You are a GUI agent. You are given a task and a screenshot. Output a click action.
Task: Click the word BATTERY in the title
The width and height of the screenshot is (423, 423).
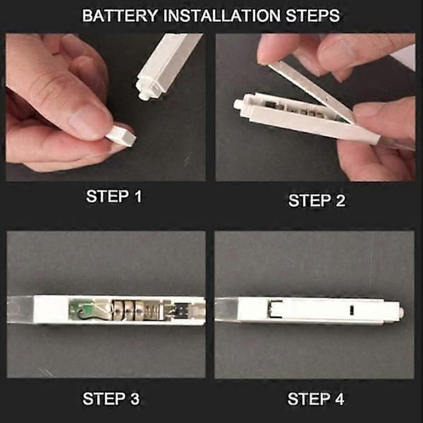pyautogui.click(x=120, y=16)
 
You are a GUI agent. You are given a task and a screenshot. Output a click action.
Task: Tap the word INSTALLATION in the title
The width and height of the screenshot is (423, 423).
pyautogui.click(x=222, y=16)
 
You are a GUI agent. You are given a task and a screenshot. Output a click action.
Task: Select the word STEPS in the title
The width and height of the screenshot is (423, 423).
pyautogui.click(x=312, y=16)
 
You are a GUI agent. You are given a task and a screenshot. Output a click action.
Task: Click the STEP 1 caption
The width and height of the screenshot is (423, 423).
pyautogui.click(x=114, y=196)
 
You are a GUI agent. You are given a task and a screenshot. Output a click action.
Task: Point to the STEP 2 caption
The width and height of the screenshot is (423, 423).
pyautogui.click(x=317, y=201)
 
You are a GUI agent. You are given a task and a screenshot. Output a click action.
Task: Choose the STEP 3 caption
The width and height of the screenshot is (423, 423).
pyautogui.click(x=111, y=399)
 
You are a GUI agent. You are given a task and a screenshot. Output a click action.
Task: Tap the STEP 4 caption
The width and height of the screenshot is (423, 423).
pyautogui.click(x=316, y=399)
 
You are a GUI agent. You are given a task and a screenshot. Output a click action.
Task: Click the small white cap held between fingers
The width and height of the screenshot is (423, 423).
pyautogui.click(x=121, y=135)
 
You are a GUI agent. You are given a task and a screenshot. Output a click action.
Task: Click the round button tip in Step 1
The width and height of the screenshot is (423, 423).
pyautogui.click(x=142, y=95)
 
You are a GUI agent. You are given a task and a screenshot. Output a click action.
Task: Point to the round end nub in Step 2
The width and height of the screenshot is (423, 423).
pyautogui.click(x=238, y=104)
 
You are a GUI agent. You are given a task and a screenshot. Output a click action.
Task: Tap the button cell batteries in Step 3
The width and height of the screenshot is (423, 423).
pyautogui.click(x=129, y=310)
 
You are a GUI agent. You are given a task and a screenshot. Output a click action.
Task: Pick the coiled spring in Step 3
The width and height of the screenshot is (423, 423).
pyautogui.click(x=154, y=311)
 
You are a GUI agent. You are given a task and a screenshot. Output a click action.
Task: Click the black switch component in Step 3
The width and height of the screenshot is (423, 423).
pyautogui.click(x=183, y=309)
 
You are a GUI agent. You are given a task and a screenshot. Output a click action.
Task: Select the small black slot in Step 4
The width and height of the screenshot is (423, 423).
pyautogui.click(x=352, y=310)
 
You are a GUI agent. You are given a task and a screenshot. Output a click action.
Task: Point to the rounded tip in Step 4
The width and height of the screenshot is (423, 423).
pyautogui.click(x=401, y=312)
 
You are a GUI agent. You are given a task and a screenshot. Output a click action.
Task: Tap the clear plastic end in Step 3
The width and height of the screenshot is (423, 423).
pyautogui.click(x=20, y=309)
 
